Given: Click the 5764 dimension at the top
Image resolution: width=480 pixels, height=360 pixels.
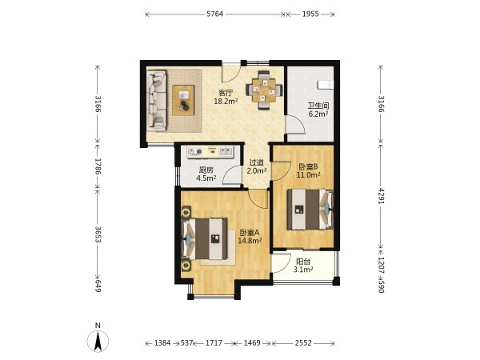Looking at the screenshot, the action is pos(215,14).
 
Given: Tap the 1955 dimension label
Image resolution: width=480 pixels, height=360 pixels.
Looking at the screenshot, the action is pos(310,14).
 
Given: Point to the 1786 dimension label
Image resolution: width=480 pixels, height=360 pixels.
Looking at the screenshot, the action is pos(98,166).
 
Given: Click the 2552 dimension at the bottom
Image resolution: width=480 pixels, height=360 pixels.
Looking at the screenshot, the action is pos(303,343).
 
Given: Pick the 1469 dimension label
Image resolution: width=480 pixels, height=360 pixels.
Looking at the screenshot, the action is pos(252,343).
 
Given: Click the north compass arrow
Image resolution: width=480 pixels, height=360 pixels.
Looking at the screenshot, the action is pos(98,341).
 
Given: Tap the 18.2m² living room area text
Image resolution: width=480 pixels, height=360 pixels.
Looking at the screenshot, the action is pos(226,101).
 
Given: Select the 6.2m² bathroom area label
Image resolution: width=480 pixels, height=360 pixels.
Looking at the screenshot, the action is pos(318,114).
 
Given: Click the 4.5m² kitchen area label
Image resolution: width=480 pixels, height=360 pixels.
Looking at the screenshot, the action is pos(206,178).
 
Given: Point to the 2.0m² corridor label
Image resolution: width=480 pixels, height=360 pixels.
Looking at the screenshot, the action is pos(257,171).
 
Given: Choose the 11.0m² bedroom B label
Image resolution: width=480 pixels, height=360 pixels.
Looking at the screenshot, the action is pos(308,174).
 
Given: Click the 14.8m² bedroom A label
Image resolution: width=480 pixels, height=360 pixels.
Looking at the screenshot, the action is pos(250,241).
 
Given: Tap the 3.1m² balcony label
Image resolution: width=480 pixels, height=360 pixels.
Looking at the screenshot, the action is pos(303,270).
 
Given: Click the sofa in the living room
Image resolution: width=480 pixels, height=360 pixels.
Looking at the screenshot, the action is pos(157,101).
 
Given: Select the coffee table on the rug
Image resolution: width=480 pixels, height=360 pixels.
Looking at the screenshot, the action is pos(183,101).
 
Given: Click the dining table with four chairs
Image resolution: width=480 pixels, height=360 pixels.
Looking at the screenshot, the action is pos(263,90).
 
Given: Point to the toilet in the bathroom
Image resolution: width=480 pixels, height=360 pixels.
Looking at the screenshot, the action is pos(326,85).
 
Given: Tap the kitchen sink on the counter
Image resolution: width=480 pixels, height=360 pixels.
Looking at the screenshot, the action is pos(226,150).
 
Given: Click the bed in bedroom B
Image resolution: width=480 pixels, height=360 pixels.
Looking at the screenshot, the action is pos(310,210).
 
